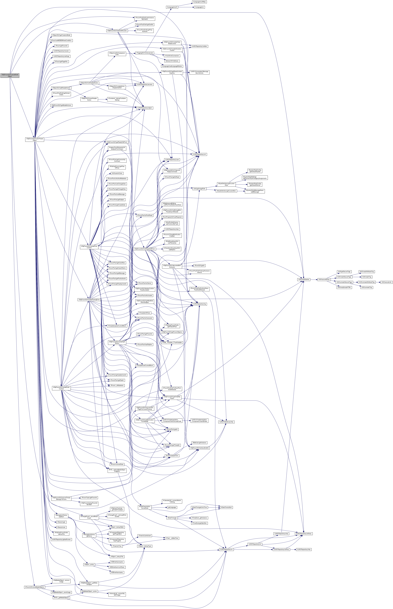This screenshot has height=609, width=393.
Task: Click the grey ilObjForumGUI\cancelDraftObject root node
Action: point(10,76)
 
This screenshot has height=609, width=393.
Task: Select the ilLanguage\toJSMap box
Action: point(199,2)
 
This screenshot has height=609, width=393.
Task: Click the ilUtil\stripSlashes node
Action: point(303,280)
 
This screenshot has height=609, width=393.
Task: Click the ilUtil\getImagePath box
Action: point(199,188)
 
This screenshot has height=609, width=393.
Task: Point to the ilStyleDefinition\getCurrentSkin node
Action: point(226,191)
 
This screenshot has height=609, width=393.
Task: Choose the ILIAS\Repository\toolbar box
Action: point(199,46)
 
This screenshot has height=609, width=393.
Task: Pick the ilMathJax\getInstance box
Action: point(199,443)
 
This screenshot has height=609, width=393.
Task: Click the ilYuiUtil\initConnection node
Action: point(172,56)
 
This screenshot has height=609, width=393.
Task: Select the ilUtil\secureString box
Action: point(324,280)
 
